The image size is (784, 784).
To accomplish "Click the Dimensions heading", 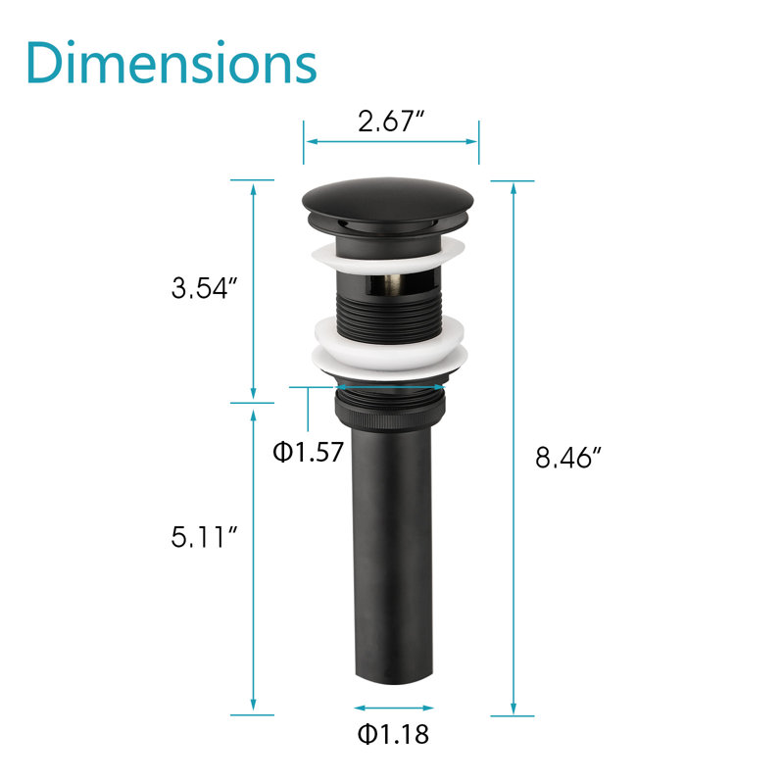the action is (x=171, y=63).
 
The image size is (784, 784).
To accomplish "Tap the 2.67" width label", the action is (x=391, y=122).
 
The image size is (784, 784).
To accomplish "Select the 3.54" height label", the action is (x=204, y=288).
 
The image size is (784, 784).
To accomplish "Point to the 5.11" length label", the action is (x=204, y=537).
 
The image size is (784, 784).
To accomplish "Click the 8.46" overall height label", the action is (x=568, y=457).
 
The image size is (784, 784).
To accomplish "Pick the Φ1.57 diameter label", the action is (x=308, y=452).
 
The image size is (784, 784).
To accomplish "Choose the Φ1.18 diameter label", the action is (x=393, y=734).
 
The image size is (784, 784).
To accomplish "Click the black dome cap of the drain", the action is (x=387, y=201).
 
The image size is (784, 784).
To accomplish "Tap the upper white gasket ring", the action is (x=388, y=256).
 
